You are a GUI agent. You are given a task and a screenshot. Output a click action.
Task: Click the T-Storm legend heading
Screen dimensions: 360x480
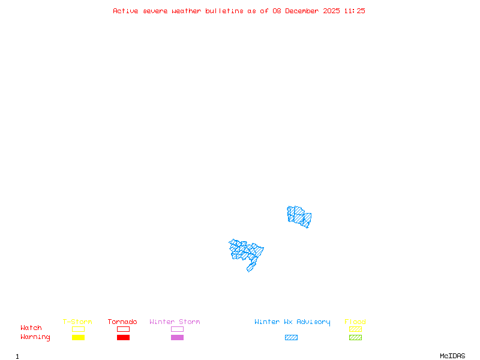coord(77,322)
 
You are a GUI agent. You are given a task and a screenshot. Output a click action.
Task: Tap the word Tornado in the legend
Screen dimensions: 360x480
coord(122,322)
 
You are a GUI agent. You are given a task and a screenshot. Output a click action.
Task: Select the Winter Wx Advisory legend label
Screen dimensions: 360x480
coord(292,322)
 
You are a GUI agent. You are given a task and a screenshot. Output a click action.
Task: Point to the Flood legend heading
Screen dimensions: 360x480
coord(355,322)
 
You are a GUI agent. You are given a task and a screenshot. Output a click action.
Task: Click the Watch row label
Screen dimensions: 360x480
coord(31,328)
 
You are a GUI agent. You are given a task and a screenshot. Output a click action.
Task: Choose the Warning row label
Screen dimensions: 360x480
coord(35,337)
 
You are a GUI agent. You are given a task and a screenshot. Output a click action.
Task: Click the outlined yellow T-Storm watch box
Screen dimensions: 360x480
coord(78,329)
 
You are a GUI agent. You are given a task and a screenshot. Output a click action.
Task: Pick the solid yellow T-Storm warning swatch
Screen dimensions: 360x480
coord(78,338)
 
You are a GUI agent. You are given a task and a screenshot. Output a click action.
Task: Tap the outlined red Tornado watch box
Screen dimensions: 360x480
coord(123,329)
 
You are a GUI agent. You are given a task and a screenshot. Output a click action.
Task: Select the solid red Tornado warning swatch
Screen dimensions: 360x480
coord(123,338)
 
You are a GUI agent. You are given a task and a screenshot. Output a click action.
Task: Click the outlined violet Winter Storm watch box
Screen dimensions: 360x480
coord(177,329)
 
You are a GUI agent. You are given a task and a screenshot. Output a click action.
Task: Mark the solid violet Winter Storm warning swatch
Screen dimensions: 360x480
coord(177,338)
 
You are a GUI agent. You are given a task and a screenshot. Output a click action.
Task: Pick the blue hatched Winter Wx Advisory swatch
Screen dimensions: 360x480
coord(291,338)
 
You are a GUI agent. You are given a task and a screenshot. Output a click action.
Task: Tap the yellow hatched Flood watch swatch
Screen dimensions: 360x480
coord(355,329)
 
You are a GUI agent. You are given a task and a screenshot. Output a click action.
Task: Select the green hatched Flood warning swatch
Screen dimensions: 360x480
coord(355,338)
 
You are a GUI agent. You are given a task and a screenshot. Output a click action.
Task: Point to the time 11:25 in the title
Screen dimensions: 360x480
coord(354,11)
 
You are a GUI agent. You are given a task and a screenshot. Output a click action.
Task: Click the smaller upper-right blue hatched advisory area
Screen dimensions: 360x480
coord(299,216)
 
